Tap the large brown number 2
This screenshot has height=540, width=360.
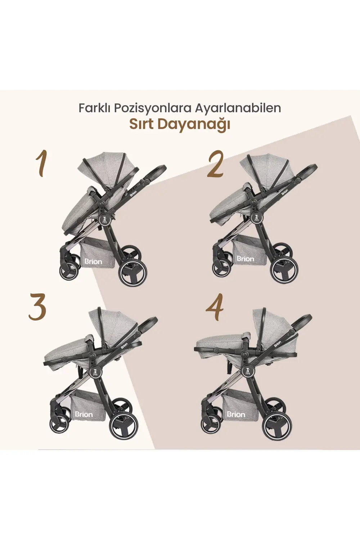coord(215,165)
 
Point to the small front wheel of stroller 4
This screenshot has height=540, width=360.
coord(211,424)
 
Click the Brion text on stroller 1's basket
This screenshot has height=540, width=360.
coord(93,261)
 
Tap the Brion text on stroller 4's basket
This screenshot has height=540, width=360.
coord(236,414)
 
